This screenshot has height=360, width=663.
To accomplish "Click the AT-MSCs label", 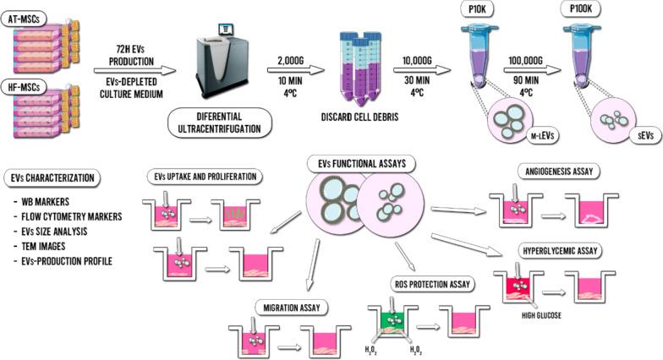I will point(25,17).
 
